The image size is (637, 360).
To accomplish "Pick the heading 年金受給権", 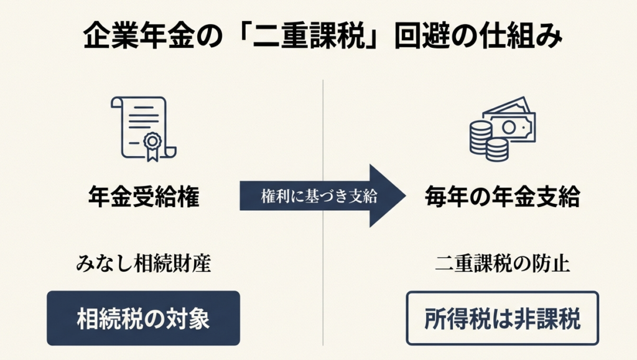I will click(143, 197).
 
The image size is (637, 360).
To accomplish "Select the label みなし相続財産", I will click(143, 264).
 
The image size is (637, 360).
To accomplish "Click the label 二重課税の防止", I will click(502, 264).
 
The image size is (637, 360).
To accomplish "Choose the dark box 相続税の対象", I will click(143, 318).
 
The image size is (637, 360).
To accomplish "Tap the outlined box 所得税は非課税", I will click(502, 318).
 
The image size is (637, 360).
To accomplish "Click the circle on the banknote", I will click(509, 127).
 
